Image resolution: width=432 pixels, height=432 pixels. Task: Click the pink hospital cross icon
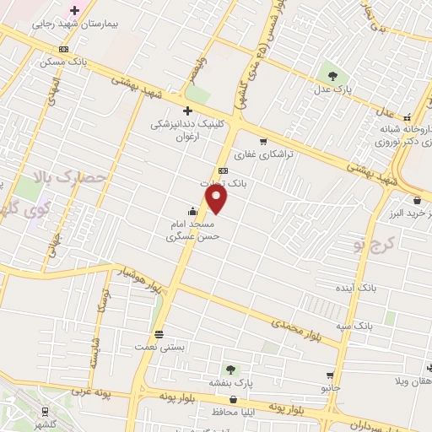(74, 11)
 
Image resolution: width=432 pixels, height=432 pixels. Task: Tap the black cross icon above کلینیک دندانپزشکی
(187, 111)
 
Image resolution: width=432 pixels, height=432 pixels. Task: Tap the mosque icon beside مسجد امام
(194, 212)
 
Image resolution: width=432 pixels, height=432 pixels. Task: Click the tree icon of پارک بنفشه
(229, 370)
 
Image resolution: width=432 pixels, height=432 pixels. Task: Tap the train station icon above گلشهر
(45, 411)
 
